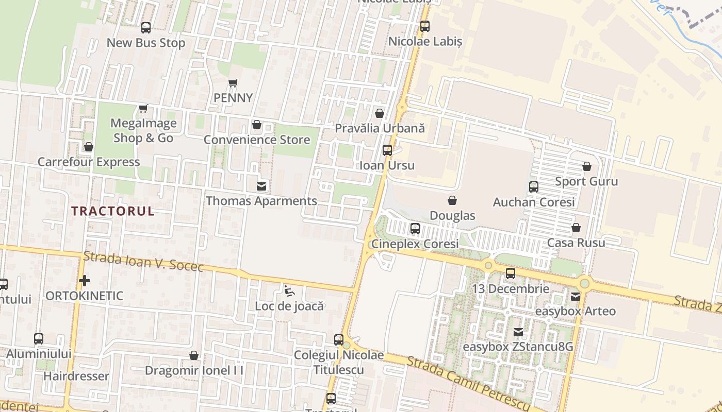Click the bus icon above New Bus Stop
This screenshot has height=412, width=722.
(146, 28)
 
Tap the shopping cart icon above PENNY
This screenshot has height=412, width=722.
(233, 83)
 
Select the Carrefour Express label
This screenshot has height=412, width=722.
(89, 162)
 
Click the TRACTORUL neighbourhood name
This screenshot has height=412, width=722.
(113, 211)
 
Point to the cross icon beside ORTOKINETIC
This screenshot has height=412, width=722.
(85, 281)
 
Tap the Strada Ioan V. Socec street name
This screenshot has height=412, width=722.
(143, 262)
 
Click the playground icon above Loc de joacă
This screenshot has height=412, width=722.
(289, 291)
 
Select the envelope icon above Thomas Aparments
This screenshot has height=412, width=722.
(262, 186)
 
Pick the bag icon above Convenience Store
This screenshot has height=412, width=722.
(256, 125)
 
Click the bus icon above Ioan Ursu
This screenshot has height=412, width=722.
(387, 150)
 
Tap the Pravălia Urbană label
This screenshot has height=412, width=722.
(380, 128)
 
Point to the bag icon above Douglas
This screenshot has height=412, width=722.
(452, 200)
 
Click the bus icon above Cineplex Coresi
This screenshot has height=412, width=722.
(415, 229)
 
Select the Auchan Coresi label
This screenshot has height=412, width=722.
(534, 202)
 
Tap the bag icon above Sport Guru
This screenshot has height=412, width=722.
(586, 166)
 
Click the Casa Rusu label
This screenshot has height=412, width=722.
(576, 243)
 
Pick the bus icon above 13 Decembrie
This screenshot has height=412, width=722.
(511, 273)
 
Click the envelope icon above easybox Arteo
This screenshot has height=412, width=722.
(576, 297)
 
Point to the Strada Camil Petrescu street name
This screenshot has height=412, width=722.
(468, 382)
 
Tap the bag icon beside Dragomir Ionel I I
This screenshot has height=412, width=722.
(194, 355)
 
